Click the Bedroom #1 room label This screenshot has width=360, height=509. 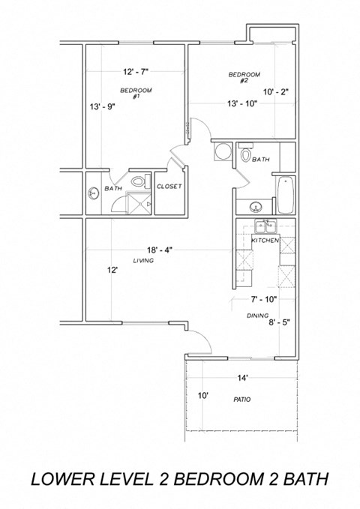[x=136, y=93]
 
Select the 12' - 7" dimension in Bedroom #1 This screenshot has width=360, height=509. [x=136, y=73]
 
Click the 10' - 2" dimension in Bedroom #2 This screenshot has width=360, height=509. [x=275, y=92]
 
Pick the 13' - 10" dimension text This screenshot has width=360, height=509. [x=242, y=104]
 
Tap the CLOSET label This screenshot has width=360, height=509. [x=168, y=186]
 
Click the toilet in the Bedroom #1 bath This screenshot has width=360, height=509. [x=137, y=181]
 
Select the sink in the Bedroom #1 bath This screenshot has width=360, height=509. [x=93, y=192]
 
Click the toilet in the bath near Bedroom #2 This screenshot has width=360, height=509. [x=245, y=155]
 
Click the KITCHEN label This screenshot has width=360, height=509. [x=265, y=241]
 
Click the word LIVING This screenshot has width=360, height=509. [x=143, y=261]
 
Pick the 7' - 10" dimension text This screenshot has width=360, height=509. [x=263, y=299]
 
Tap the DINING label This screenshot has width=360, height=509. [x=258, y=316]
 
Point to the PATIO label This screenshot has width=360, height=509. [x=241, y=399]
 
